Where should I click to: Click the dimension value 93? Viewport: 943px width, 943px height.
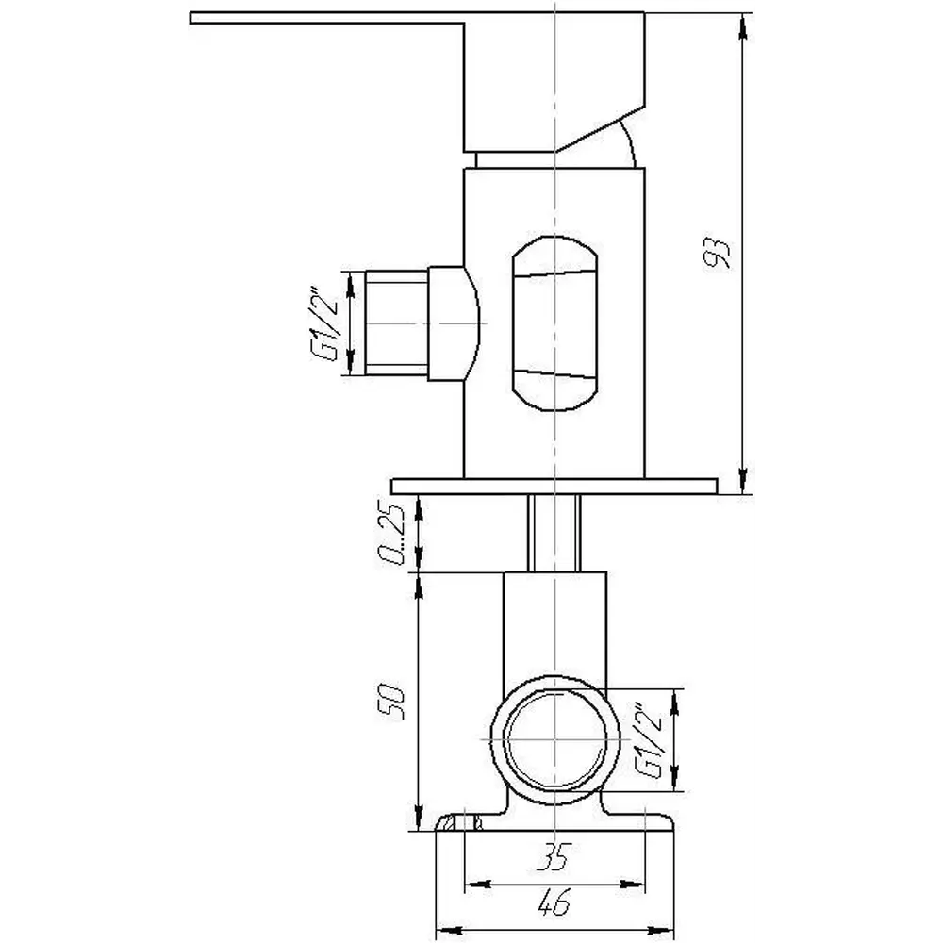click(x=717, y=253)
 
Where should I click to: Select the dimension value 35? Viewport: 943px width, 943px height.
click(x=554, y=856)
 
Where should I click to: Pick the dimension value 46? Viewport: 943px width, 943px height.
click(x=554, y=902)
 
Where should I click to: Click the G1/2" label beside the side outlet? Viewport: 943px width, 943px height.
click(x=324, y=323)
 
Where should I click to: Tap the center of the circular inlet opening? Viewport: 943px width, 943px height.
click(x=554, y=739)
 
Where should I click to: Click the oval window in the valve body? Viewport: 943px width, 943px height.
click(x=554, y=323)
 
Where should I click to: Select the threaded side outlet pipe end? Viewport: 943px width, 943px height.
click(x=397, y=323)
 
